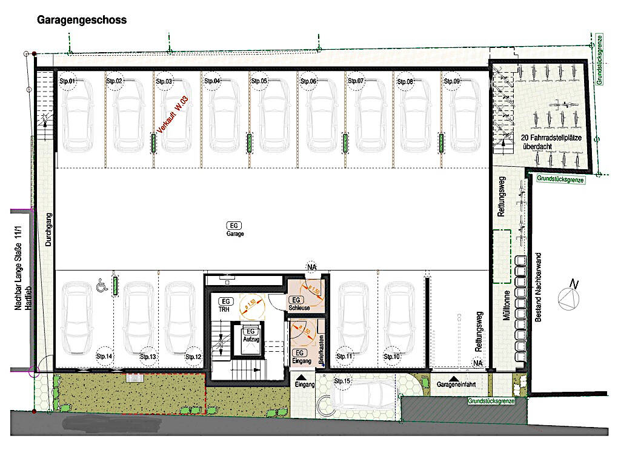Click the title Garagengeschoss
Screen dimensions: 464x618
[x=82, y=20]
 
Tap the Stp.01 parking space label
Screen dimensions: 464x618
[x=67, y=81]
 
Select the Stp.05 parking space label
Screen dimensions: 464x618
[x=260, y=81]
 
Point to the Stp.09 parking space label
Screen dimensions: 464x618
[x=452, y=81]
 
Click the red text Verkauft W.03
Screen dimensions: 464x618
[x=173, y=115]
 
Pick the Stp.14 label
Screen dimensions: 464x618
[x=105, y=357]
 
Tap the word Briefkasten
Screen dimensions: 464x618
[x=321, y=349]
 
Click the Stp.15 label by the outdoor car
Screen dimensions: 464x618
[x=342, y=381]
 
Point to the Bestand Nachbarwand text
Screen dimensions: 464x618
[x=538, y=295]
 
